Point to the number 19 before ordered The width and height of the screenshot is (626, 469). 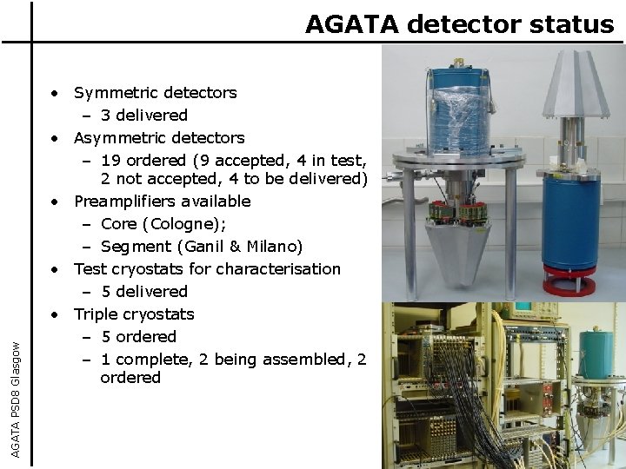111,161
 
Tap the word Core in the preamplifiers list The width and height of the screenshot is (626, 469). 120,224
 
